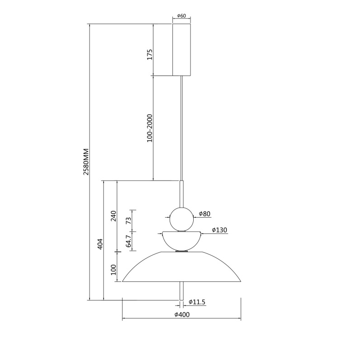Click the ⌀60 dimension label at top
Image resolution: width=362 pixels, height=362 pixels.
181,16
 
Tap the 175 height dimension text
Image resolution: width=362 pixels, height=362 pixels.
150,54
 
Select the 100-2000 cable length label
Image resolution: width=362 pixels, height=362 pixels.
150,128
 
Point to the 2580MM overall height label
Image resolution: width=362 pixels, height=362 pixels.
86,162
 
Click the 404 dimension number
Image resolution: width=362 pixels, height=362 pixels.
100,244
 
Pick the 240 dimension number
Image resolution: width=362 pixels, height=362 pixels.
114,216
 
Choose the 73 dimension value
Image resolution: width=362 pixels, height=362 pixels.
129,220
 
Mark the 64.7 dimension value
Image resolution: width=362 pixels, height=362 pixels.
129,241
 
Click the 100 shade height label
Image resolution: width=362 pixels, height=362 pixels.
114,270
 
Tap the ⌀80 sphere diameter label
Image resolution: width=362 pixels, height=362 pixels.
205,214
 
